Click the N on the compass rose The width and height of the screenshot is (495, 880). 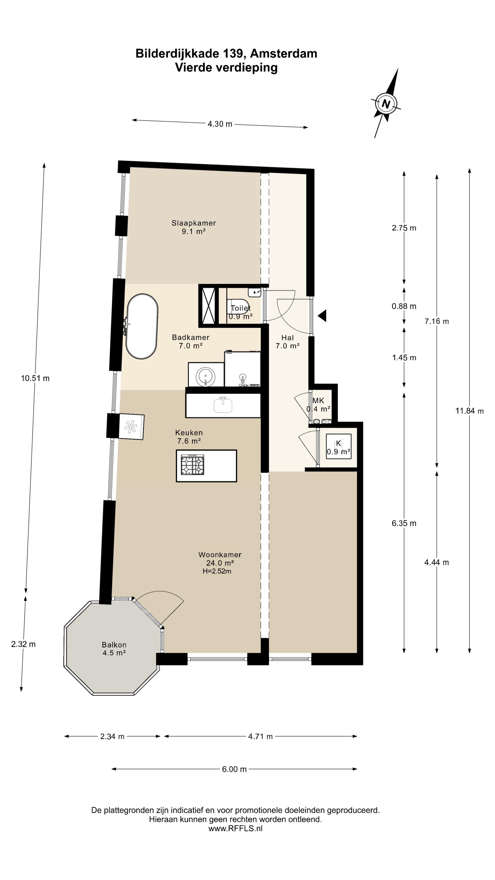click(x=386, y=104)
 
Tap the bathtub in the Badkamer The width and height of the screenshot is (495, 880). click(x=142, y=326)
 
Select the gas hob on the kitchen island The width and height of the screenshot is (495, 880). click(x=193, y=465)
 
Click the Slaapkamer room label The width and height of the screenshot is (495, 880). click(x=194, y=223)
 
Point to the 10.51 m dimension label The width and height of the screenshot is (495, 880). click(x=35, y=378)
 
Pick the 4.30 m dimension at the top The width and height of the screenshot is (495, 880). click(x=220, y=124)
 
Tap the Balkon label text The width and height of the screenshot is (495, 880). click(x=114, y=645)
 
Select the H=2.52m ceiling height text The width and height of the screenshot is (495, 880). click(x=217, y=571)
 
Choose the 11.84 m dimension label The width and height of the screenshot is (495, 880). click(x=469, y=411)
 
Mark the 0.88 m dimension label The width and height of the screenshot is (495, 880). click(x=404, y=306)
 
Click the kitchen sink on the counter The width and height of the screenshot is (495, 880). click(x=223, y=405)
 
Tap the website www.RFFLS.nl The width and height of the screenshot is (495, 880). click(x=235, y=828)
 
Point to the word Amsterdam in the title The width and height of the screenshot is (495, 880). click(x=283, y=54)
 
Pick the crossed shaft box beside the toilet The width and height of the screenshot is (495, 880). click(x=208, y=305)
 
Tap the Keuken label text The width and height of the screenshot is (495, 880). click(x=189, y=432)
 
